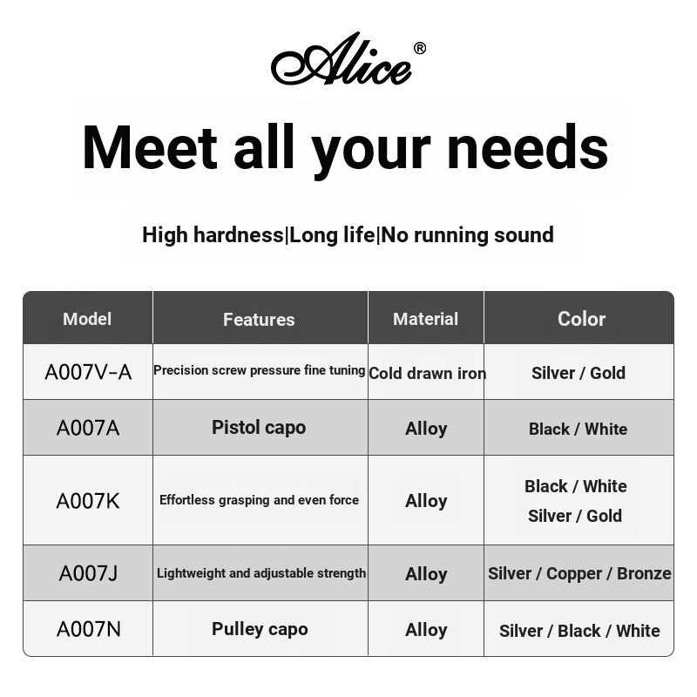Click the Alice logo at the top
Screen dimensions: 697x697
(x=342, y=61)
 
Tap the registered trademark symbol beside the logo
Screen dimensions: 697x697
(x=419, y=49)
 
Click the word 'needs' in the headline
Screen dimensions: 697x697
(x=527, y=147)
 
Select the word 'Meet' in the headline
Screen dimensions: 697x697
(x=149, y=147)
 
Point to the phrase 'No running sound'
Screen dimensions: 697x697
(x=468, y=235)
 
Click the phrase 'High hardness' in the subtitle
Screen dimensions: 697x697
(x=213, y=235)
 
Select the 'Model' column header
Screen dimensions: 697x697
(x=87, y=319)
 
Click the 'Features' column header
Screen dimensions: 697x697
(x=259, y=320)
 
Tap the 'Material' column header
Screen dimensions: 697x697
(x=425, y=319)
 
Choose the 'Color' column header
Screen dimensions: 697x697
(x=581, y=319)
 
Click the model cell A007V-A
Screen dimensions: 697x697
(x=88, y=372)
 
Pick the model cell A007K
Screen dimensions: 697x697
(x=88, y=501)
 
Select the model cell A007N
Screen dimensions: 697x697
(x=88, y=629)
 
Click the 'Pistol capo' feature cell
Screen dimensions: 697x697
(x=259, y=428)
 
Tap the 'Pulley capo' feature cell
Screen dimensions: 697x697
(x=260, y=629)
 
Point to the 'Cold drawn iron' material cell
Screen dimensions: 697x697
(x=427, y=373)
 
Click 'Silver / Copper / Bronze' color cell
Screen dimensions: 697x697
(x=579, y=573)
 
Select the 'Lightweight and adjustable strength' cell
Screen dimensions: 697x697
(x=261, y=573)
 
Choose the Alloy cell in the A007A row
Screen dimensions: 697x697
(x=426, y=429)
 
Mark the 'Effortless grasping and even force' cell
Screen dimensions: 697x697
(x=259, y=500)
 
